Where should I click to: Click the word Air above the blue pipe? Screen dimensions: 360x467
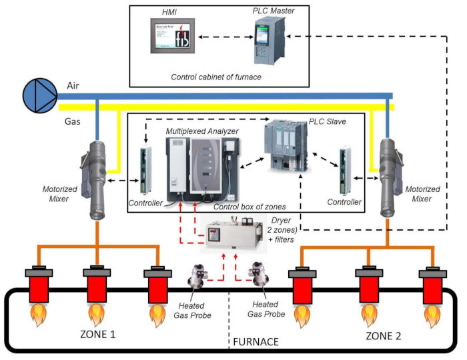[x=74, y=85]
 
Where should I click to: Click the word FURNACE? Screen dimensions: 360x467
[x=256, y=343]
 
